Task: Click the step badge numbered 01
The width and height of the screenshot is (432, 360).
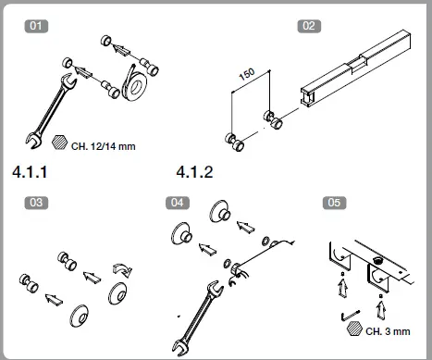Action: (37, 26)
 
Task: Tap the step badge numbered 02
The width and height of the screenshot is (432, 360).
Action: (309, 26)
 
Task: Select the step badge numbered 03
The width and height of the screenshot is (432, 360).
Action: (37, 202)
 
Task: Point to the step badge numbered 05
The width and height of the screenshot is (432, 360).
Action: (334, 202)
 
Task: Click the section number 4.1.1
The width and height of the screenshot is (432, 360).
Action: (31, 172)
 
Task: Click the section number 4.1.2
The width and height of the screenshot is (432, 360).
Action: (194, 172)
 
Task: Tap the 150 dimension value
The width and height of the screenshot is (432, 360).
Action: (247, 77)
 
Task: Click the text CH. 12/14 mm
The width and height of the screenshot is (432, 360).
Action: (103, 145)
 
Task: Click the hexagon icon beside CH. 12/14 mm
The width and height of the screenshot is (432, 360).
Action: (60, 144)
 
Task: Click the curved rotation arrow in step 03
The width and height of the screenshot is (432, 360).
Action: (120, 267)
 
